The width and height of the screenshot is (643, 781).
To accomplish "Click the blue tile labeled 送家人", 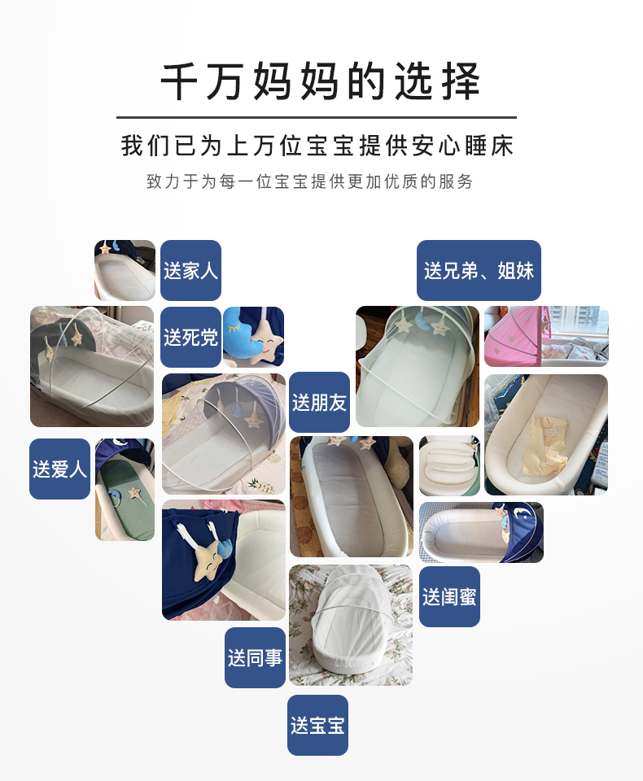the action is coord(191,270).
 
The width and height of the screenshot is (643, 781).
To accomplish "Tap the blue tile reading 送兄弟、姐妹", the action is coord(479,270).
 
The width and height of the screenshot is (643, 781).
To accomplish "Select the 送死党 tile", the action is coord(191,337).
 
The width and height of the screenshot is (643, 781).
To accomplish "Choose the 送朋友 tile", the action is coord(320,402).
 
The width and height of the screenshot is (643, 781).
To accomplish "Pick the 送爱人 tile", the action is coord(59,469).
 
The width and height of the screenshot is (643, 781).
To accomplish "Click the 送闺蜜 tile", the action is coord(449,596).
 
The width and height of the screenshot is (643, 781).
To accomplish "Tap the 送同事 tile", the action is coord(256,657).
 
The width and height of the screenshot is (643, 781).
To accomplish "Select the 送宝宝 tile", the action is coord(317,725).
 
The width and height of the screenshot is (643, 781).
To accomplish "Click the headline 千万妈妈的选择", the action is coord(321,81).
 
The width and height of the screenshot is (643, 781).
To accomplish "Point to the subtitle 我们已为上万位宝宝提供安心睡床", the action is coord(317,146).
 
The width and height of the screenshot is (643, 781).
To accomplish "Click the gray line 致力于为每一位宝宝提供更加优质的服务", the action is coord(309,181).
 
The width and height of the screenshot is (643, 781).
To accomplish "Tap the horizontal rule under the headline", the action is coord(317,117).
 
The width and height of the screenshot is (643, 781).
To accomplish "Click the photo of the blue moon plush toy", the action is coord(253,337).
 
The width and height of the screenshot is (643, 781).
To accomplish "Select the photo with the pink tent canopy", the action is coord(546,336).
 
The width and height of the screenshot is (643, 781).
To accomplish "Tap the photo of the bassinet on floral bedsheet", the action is coord(351,625).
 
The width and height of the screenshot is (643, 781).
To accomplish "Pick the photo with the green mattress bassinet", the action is coord(125,490).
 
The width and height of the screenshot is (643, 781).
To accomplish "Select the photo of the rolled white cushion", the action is coord(449,465).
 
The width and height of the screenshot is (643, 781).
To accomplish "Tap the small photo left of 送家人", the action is coord(125,270).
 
